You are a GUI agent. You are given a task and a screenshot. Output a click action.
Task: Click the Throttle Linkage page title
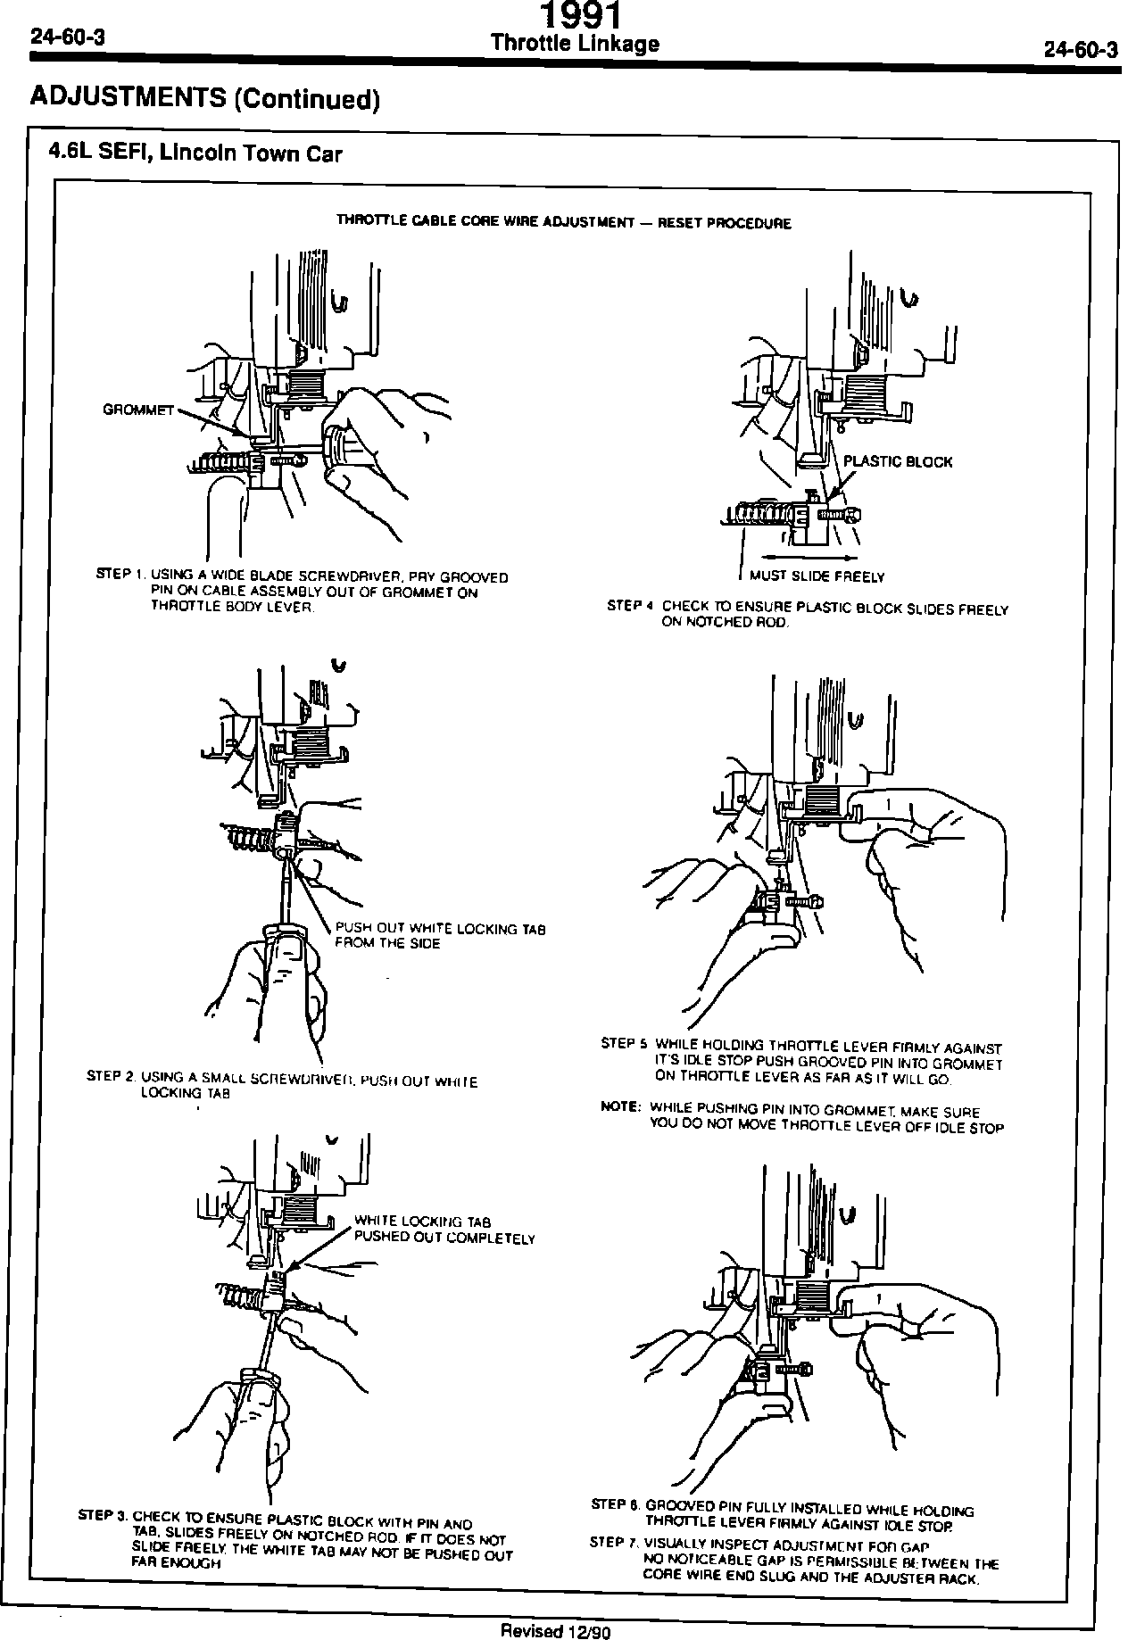pyautogui.click(x=576, y=44)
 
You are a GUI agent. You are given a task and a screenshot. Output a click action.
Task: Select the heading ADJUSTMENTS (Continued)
pyautogui.click(x=205, y=97)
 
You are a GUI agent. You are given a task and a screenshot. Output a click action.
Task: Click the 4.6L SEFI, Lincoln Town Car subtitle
pyautogui.click(x=195, y=153)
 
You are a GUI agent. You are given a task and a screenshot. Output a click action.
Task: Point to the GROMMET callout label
pyautogui.click(x=138, y=410)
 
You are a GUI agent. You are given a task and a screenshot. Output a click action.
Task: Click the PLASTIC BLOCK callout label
pyautogui.click(x=898, y=461)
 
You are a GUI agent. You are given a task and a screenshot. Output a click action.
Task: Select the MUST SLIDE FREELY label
pyautogui.click(x=817, y=576)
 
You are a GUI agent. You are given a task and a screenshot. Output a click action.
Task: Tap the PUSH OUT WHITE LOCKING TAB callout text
pyautogui.click(x=440, y=936)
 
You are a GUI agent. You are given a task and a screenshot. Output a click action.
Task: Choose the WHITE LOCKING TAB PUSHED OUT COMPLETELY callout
pyautogui.click(x=444, y=1230)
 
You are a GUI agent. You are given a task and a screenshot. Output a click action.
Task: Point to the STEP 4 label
pyautogui.click(x=631, y=605)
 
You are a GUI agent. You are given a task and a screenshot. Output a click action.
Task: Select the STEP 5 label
pyautogui.click(x=624, y=1043)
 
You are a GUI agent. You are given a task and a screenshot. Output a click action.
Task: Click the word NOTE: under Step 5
pyautogui.click(x=621, y=1107)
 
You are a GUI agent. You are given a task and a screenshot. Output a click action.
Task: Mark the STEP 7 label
pyautogui.click(x=613, y=1543)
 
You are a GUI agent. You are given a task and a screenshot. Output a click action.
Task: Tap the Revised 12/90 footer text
pyautogui.click(x=554, y=1631)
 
